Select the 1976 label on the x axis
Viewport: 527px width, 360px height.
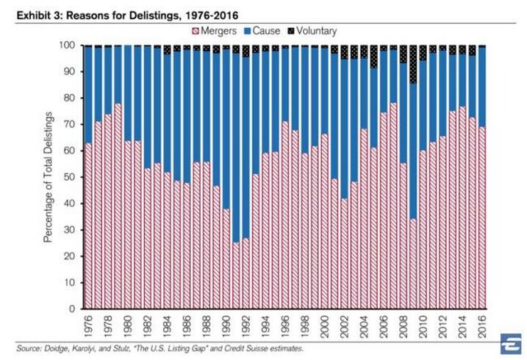pyautogui.click(x=88, y=323)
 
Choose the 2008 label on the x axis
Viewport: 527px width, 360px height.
pyautogui.click(x=404, y=323)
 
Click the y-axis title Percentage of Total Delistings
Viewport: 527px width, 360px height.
pyautogui.click(x=50, y=176)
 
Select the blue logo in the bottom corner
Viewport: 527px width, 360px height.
pyautogui.click(x=508, y=342)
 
